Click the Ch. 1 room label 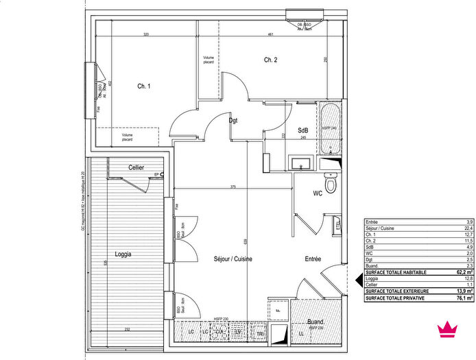click(143, 86)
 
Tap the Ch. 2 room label click(270, 60)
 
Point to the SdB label click(302, 130)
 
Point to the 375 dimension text click(233, 187)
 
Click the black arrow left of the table click(357, 278)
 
